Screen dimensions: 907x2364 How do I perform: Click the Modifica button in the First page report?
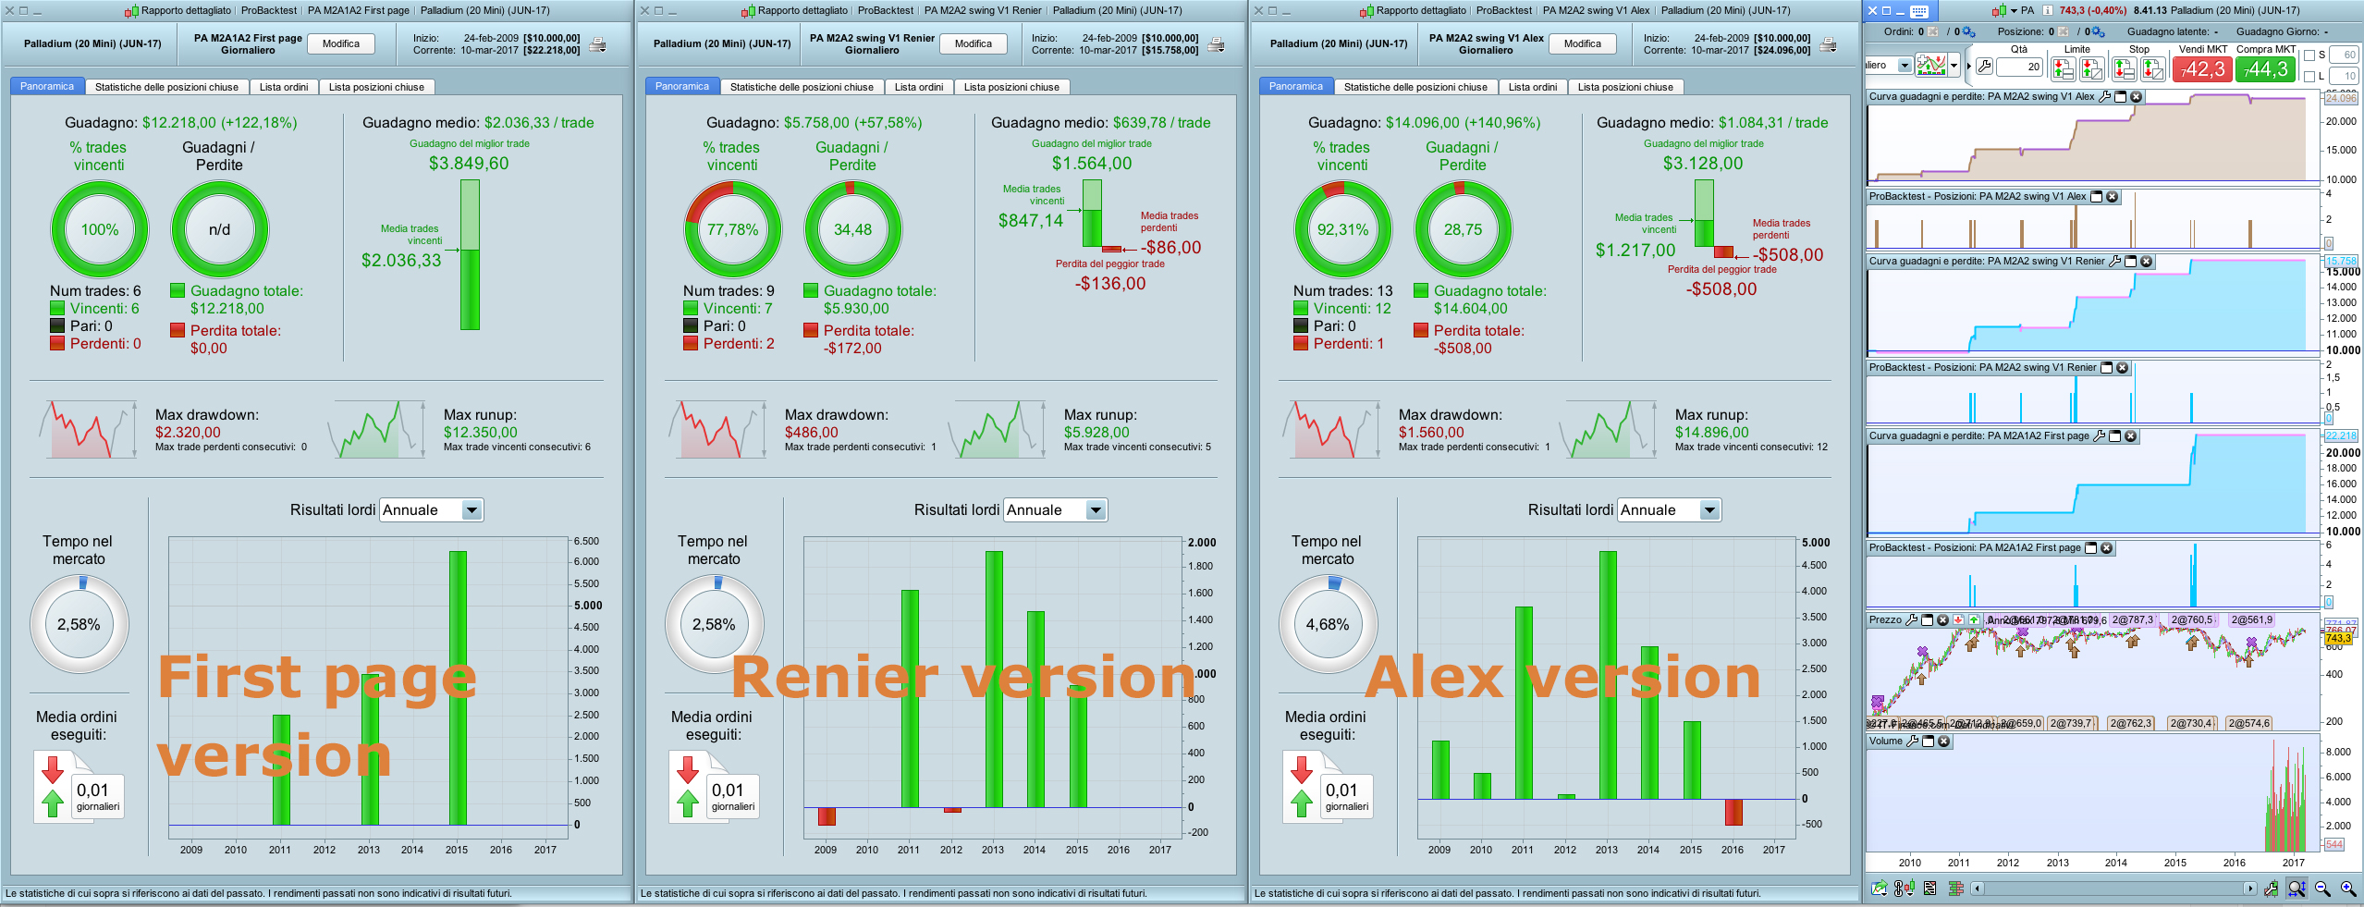point(340,43)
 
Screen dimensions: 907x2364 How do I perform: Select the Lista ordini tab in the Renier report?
point(918,87)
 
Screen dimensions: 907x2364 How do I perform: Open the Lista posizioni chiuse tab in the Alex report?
point(1624,87)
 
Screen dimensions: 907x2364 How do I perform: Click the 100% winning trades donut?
point(100,229)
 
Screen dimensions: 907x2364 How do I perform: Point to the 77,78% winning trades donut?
point(732,229)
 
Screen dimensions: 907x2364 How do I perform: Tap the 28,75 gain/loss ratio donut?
point(1463,229)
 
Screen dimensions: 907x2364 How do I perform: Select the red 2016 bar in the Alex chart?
point(1733,812)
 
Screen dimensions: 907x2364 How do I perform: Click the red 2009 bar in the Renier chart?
point(827,815)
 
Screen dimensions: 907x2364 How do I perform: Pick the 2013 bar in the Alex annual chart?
point(1608,675)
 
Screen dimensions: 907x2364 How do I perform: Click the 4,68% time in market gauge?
point(1328,624)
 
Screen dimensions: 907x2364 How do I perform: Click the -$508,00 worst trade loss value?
point(1721,289)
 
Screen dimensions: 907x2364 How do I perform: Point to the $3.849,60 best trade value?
point(468,164)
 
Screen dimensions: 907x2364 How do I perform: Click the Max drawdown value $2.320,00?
point(188,432)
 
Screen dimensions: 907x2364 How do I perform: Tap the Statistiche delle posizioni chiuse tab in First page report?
point(166,87)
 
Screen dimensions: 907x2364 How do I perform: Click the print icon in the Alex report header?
point(1828,44)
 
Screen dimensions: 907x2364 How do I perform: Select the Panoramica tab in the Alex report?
point(1295,87)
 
